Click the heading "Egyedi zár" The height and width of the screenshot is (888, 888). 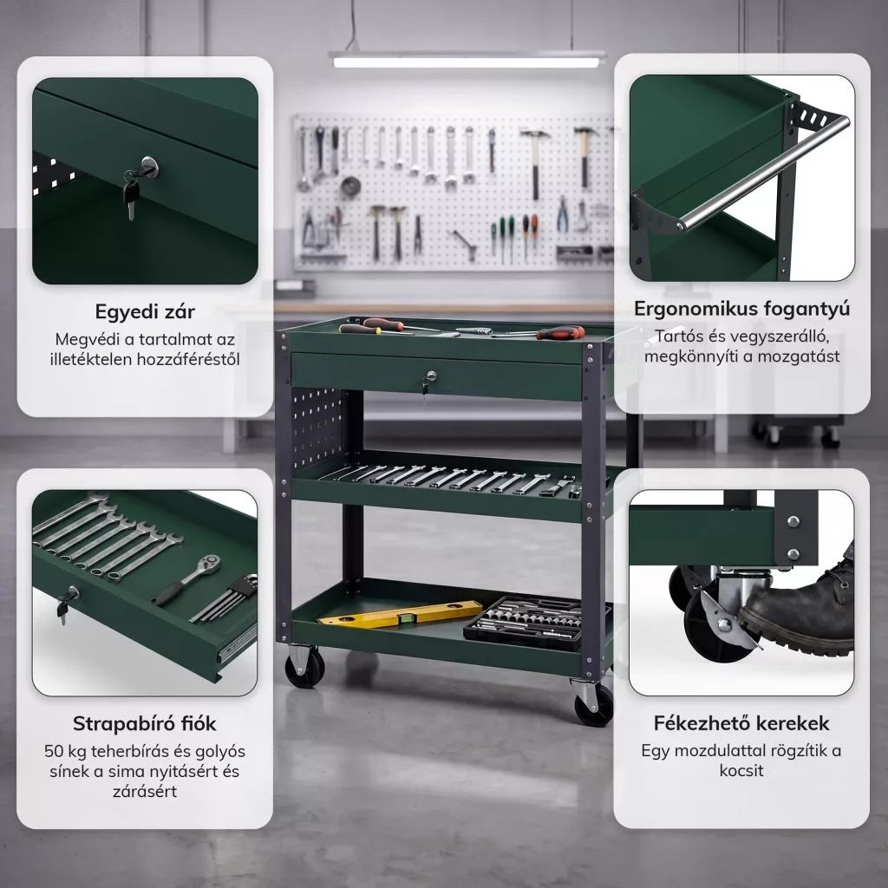(145, 311)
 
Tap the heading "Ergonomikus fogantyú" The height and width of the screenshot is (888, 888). (742, 309)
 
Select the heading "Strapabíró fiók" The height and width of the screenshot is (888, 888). (145, 724)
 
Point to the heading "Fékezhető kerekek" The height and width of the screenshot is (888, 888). (741, 723)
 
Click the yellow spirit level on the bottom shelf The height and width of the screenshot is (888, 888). (401, 614)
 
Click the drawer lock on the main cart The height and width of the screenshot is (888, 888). (430, 376)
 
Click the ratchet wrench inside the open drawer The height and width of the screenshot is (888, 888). (187, 578)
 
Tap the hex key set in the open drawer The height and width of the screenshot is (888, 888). (225, 598)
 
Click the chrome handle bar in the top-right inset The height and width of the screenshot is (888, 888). (765, 171)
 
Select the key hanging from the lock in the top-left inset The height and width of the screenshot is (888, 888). (131, 198)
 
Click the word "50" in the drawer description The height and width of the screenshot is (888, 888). (54, 752)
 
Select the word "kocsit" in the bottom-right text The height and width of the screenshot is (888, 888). (741, 771)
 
